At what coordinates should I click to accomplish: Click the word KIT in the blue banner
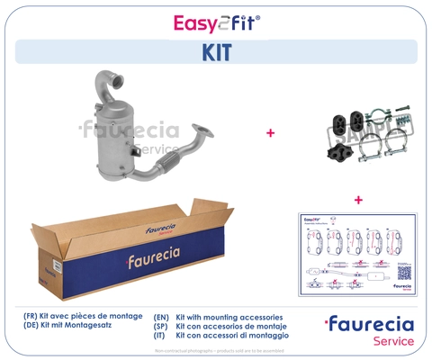[x=216, y=52]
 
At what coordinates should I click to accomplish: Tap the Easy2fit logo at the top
[x=216, y=22]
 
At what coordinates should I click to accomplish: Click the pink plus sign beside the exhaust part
[x=270, y=133]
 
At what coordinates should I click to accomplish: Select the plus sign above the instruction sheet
[x=358, y=199]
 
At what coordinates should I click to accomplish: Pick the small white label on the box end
[x=56, y=265]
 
